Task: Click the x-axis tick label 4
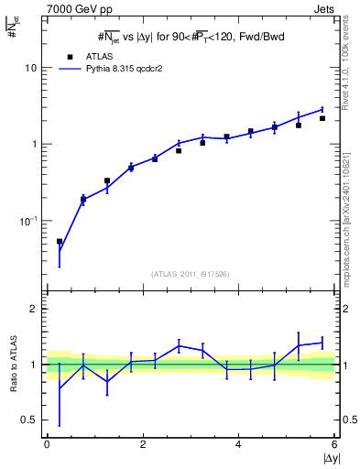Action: click(x=238, y=444)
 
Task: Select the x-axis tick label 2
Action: click(x=143, y=444)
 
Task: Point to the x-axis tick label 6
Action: click(x=334, y=444)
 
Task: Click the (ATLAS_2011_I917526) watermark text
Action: click(x=190, y=273)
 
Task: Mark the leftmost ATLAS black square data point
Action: click(x=60, y=242)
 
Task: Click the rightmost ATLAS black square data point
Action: click(x=322, y=118)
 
